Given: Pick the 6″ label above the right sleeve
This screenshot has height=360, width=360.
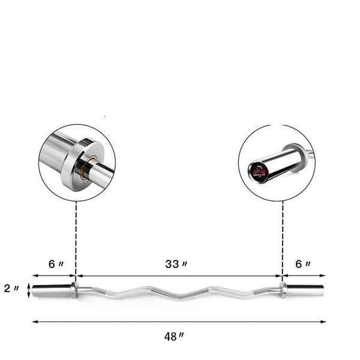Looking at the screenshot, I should tap(304, 264).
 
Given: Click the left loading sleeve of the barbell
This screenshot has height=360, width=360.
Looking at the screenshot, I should tap(51, 290).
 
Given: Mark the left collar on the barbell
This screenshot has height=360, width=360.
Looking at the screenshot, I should tap(74, 290).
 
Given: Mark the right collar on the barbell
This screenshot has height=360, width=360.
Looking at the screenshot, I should tap(282, 290).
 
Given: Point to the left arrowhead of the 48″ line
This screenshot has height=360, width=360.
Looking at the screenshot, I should tap(35, 322).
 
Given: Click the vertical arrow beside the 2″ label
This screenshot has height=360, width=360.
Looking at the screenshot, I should tap(28, 289).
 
